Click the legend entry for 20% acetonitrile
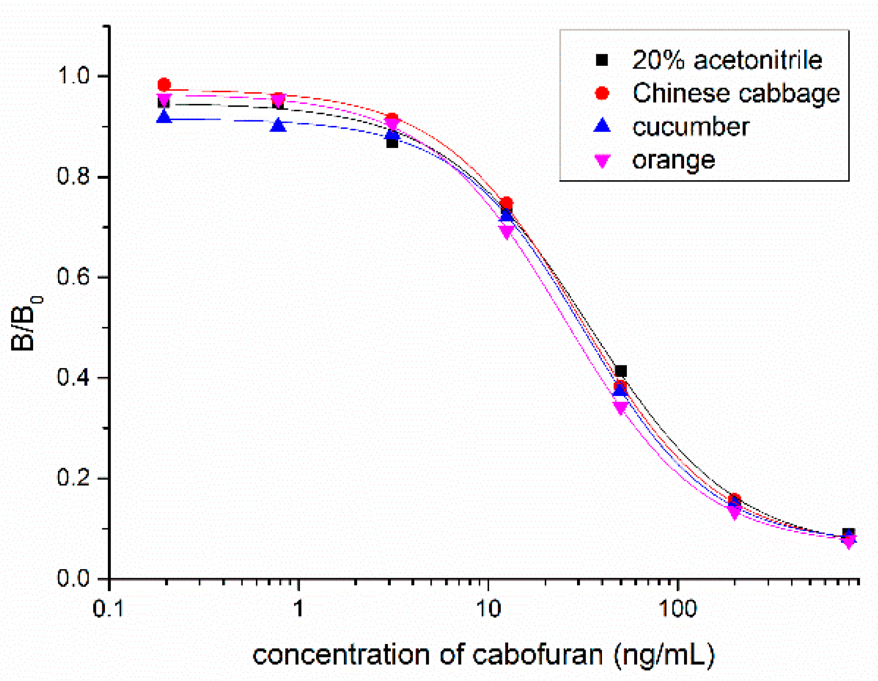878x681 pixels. click(x=727, y=60)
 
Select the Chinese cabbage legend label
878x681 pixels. click(x=736, y=93)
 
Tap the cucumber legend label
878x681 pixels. click(x=691, y=126)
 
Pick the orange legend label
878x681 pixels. click(x=673, y=160)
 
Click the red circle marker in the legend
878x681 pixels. click(x=602, y=93)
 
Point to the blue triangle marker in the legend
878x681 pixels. click(x=602, y=126)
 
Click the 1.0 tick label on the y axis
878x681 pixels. click(x=73, y=76)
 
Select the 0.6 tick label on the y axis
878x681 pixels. click(x=73, y=276)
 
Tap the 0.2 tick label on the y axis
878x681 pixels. click(x=73, y=478)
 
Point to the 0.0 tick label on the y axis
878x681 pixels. click(x=73, y=578)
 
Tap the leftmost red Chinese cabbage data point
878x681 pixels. click(x=164, y=85)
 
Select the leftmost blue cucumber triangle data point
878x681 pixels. click(x=164, y=117)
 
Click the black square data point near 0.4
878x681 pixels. click(x=620, y=371)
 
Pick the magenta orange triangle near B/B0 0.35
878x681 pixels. click(x=620, y=407)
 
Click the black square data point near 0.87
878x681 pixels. click(x=392, y=142)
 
